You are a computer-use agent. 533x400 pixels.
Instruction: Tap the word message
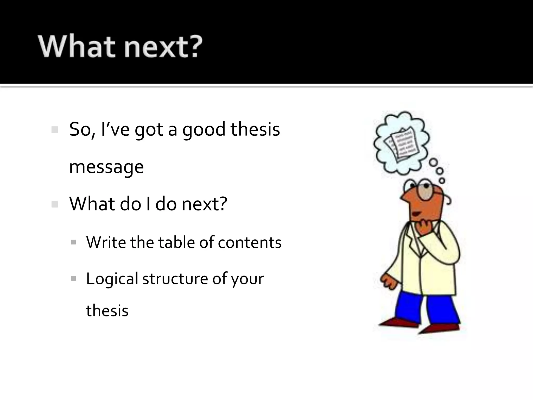106,167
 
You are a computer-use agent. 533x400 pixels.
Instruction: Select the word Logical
112,279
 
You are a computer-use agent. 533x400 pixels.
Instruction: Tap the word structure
175,279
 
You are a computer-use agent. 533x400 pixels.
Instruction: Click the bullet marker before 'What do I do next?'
55,204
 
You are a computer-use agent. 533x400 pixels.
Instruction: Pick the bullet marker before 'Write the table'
73,242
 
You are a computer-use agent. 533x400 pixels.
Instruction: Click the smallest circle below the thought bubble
442,180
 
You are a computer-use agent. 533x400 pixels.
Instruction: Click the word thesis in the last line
107,311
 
